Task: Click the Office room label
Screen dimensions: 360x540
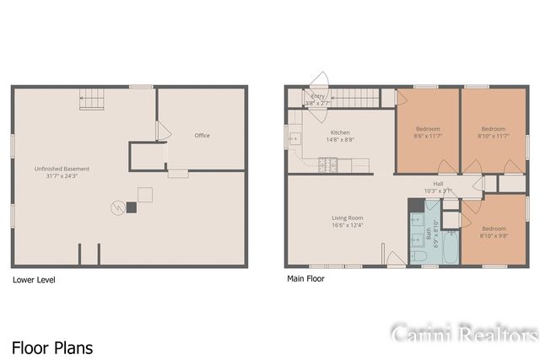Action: (202, 136)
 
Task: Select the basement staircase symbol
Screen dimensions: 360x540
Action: (92, 100)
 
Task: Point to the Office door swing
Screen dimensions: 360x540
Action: (164, 132)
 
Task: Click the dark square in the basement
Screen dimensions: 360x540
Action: (131, 207)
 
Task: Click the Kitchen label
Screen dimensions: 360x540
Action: (340, 132)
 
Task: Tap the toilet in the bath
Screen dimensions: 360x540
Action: (418, 254)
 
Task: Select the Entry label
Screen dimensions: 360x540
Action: (317, 96)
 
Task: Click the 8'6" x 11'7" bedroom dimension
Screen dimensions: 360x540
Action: (427, 136)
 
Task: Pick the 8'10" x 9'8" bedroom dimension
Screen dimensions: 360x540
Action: (494, 235)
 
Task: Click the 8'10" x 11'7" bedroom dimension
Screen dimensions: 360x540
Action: (494, 136)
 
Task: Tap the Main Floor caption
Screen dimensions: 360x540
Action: (305, 278)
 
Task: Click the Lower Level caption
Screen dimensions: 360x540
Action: (34, 279)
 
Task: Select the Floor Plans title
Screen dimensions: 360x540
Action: (52, 347)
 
